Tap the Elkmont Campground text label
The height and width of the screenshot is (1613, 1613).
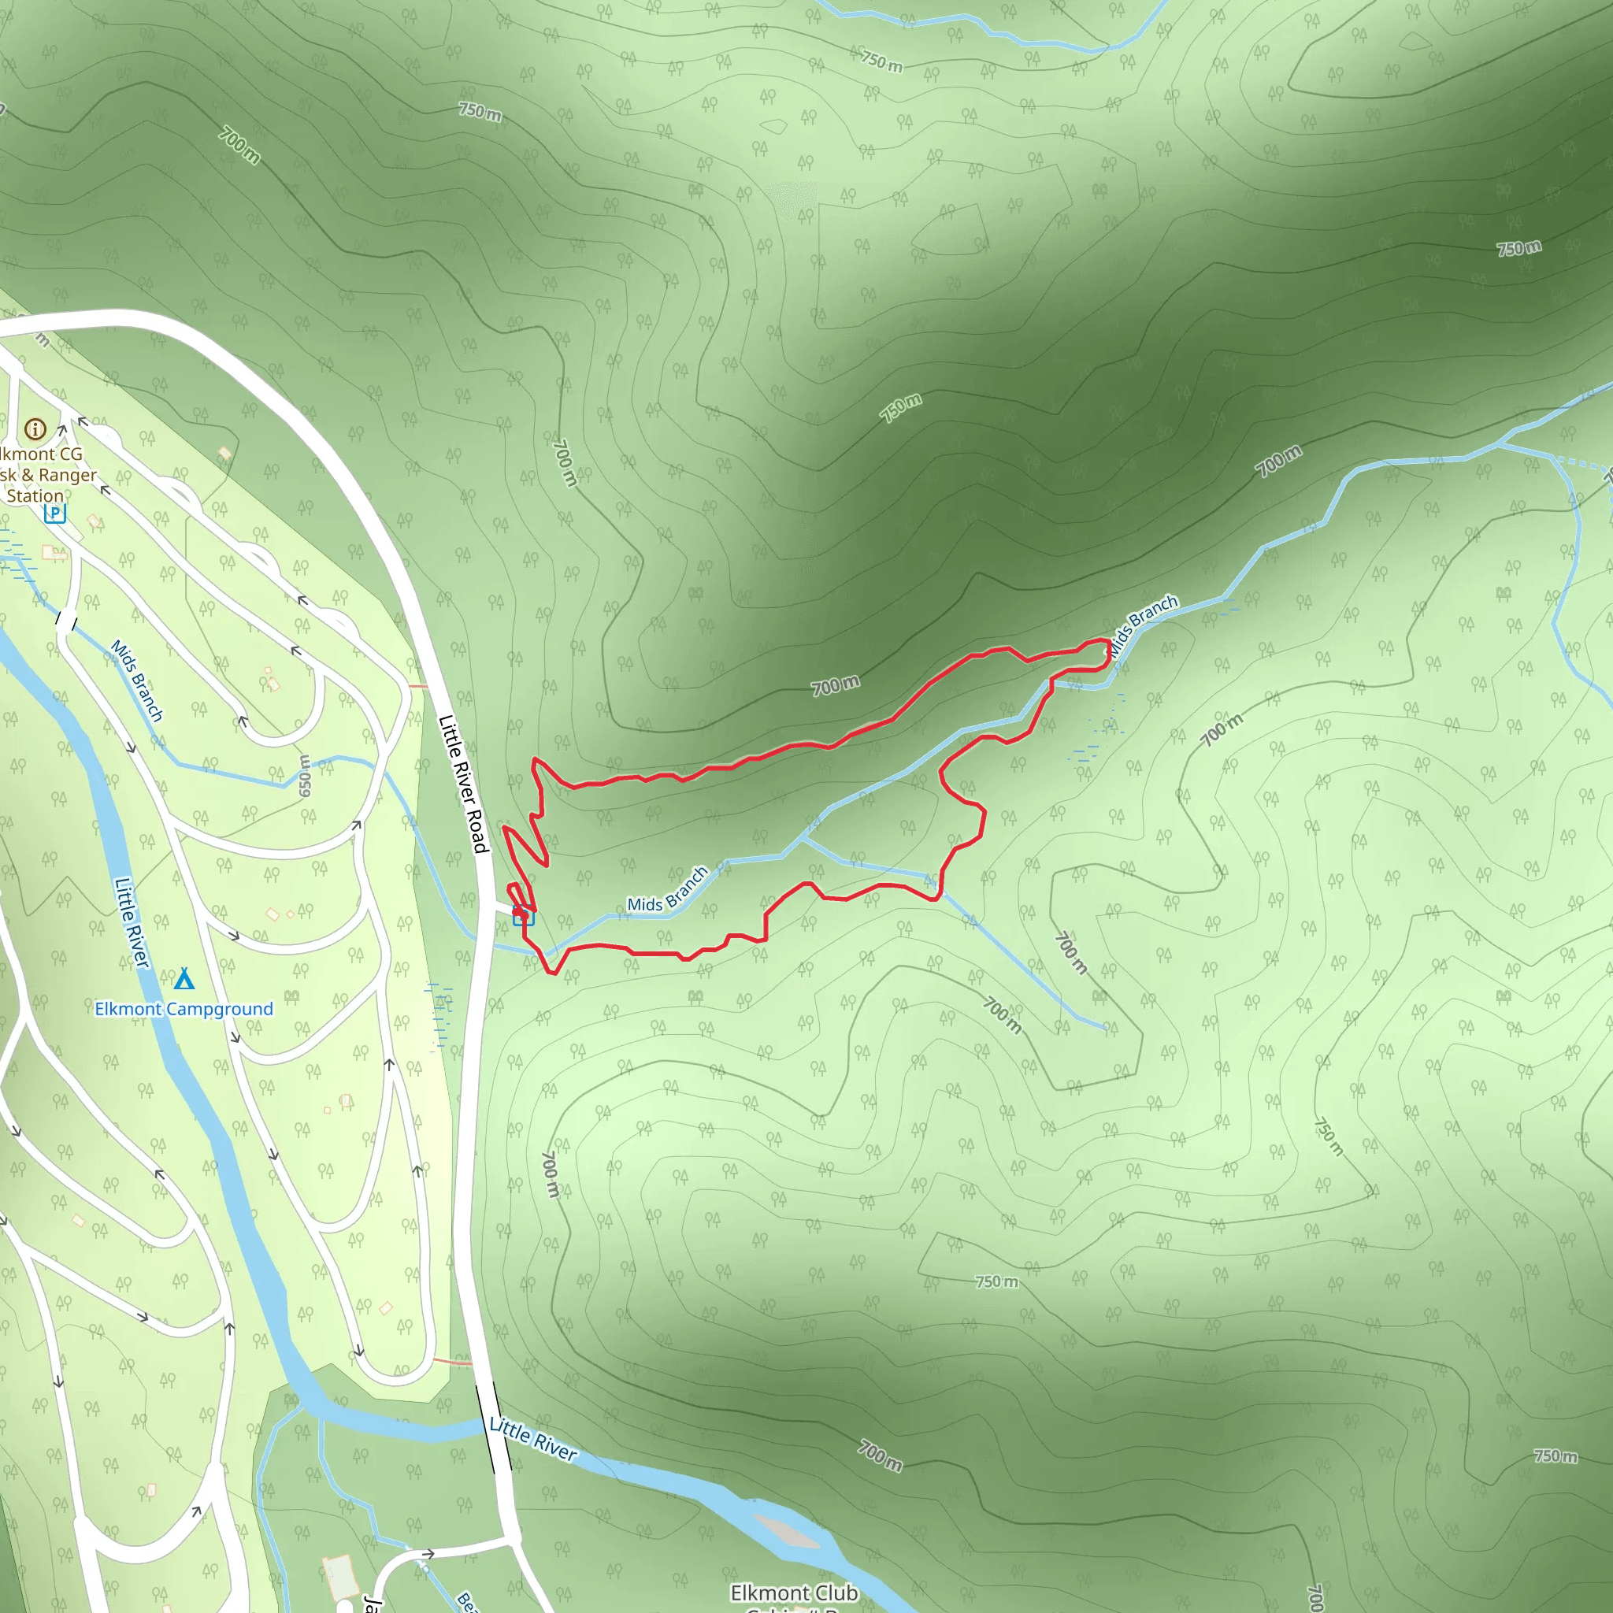click(184, 1009)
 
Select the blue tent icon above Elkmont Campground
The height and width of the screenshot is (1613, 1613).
click(184, 977)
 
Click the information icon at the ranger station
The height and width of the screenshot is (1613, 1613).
click(35, 429)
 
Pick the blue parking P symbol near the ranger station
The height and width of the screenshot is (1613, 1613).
click(55, 513)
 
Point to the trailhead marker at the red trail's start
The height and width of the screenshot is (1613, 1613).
click(523, 916)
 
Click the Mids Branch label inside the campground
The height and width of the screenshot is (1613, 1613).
click(137, 680)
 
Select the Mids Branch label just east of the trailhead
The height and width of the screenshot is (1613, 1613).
click(668, 890)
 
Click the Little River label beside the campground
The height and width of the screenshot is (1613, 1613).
click(132, 922)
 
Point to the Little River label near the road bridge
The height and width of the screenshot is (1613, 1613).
click(532, 1440)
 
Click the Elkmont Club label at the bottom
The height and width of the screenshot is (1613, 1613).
click(793, 1593)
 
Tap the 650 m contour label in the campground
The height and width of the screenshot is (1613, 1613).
click(305, 775)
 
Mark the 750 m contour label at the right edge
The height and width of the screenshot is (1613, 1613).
click(1518, 248)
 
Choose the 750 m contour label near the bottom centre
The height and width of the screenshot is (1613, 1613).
click(997, 1281)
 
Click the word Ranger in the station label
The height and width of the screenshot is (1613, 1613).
click(67, 475)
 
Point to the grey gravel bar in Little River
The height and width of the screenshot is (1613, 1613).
click(785, 1530)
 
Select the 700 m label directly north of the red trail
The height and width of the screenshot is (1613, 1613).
click(835, 685)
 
